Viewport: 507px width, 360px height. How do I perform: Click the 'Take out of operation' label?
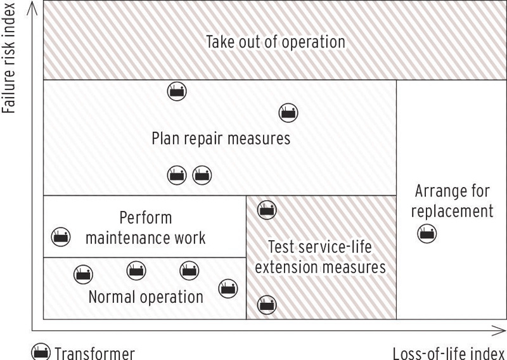click(x=276, y=42)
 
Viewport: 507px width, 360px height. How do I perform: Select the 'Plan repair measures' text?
click(x=221, y=138)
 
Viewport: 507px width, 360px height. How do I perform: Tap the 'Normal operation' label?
click(x=146, y=297)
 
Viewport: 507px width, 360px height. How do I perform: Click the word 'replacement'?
click(x=454, y=210)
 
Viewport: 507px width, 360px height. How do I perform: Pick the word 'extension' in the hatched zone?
click(x=284, y=267)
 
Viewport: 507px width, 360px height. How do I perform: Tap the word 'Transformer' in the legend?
click(x=94, y=352)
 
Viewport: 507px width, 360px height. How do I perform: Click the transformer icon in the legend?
click(x=41, y=352)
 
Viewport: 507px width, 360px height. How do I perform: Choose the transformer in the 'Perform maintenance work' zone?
click(x=60, y=236)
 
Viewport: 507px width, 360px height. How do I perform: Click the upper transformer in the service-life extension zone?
click(x=266, y=209)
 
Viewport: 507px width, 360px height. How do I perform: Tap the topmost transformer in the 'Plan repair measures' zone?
click(x=177, y=91)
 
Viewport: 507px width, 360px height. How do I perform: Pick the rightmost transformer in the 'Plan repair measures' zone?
click(x=288, y=113)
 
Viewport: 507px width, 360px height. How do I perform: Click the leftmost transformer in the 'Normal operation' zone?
click(x=82, y=273)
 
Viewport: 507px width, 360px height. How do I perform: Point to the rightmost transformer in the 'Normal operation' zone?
click(x=228, y=288)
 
